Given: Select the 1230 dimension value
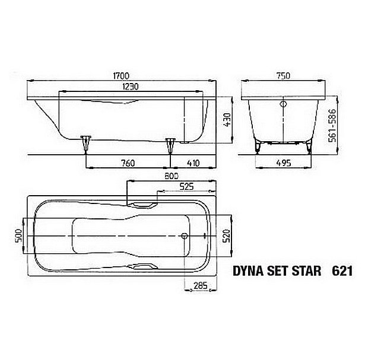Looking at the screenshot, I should pyautogui.click(x=126, y=86).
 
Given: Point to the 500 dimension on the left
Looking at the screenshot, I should pyautogui.click(x=18, y=236).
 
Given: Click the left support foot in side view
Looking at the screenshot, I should pyautogui.click(x=87, y=142).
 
